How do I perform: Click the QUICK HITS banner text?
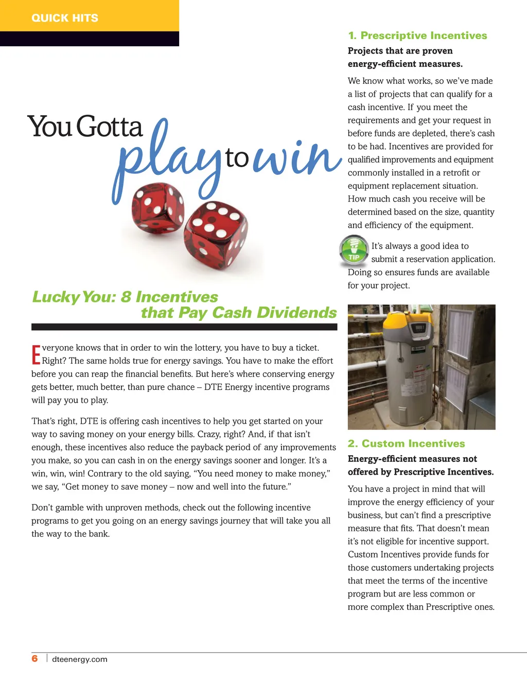coord(65,18)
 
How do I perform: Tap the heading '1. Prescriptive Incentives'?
coord(417,35)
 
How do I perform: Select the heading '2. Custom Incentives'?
coord(406,443)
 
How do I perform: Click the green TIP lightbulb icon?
coord(354,250)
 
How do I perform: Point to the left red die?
coord(157,208)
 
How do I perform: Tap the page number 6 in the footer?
coord(34,659)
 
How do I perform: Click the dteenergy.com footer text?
coord(80,659)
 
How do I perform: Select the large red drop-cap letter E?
coord(36,355)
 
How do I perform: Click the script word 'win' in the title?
coord(297,157)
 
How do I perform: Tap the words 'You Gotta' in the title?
coord(85,127)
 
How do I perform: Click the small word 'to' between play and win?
coord(237,157)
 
